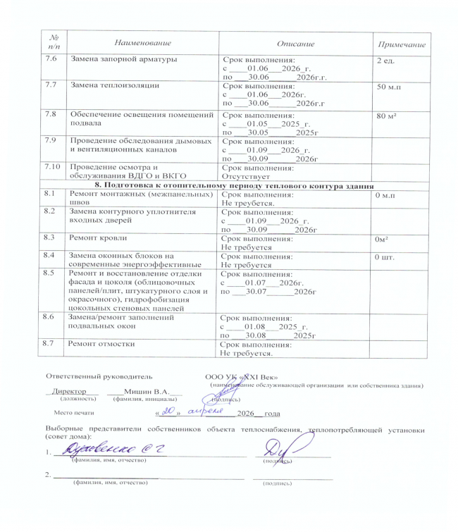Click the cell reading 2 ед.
tap(385, 61)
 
